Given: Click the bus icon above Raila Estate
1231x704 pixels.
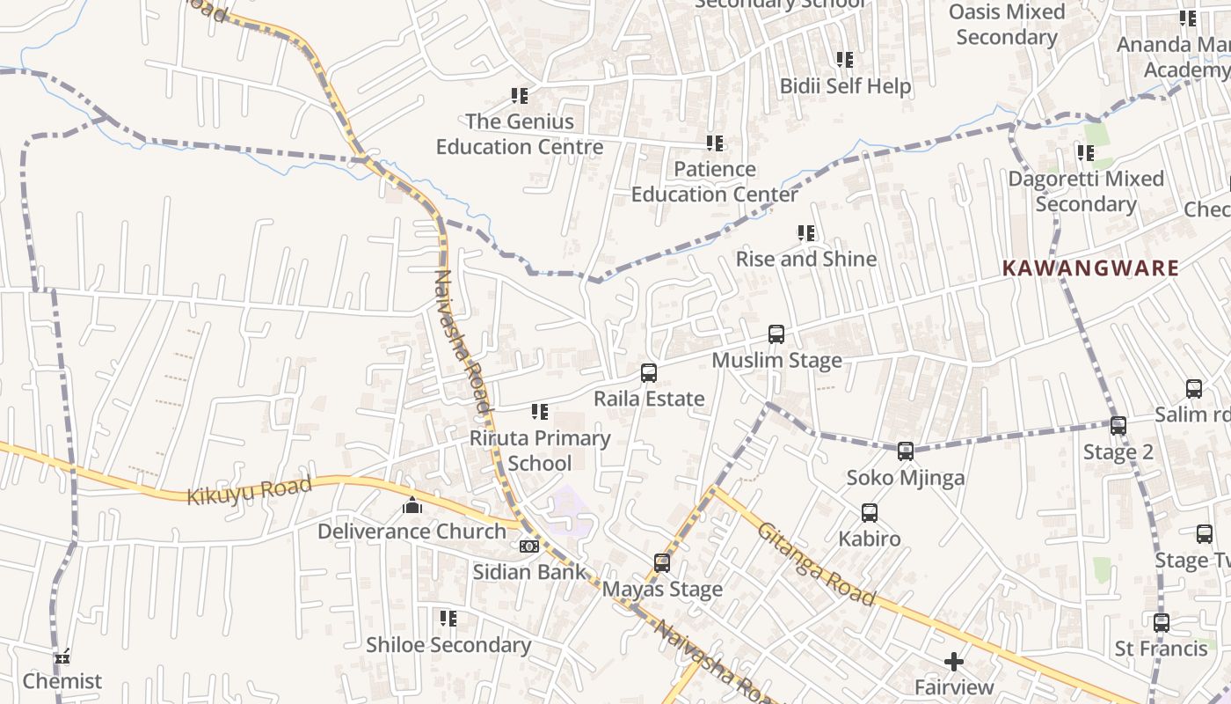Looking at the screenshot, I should point(649,373).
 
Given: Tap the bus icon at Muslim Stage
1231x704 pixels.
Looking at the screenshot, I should point(776,334).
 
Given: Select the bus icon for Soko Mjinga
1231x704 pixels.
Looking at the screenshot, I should point(906,451).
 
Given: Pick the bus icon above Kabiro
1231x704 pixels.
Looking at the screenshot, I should point(870,513).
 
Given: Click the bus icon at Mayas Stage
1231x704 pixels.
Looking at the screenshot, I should point(662,563).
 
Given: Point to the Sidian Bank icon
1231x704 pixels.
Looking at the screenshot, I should point(528,546).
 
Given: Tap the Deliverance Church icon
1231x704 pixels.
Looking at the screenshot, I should point(412,506).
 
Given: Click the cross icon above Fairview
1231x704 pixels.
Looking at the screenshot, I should point(954,662).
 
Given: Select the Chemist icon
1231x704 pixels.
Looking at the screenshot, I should point(62,656).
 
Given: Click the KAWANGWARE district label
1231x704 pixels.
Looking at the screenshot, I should point(1090,268).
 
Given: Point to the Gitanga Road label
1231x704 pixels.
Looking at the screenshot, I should point(817,564).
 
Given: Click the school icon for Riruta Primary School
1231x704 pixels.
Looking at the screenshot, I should point(540,412).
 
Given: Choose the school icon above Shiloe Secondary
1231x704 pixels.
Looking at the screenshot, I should point(448,619).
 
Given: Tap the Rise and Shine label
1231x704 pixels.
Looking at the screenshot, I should point(806,259).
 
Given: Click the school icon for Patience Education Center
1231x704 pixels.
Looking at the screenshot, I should point(715,143).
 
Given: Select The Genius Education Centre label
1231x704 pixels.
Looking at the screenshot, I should point(520,134).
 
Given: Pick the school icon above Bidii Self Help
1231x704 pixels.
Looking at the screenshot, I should point(845,60).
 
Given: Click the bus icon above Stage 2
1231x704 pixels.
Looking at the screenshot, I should point(1118,426).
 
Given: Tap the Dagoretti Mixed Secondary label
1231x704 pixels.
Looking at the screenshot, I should point(1086,191).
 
